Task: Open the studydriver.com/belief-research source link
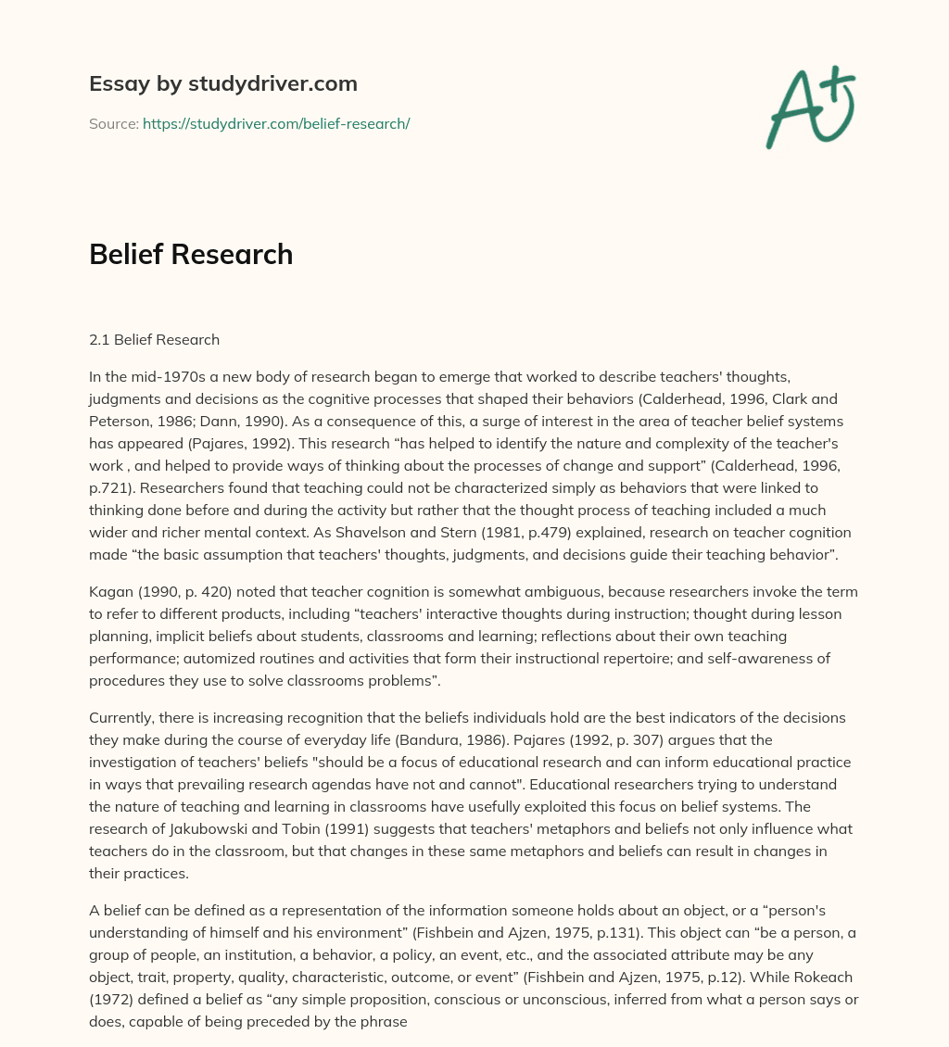[275, 123]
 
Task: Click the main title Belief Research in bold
[191, 254]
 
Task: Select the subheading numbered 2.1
[154, 339]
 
